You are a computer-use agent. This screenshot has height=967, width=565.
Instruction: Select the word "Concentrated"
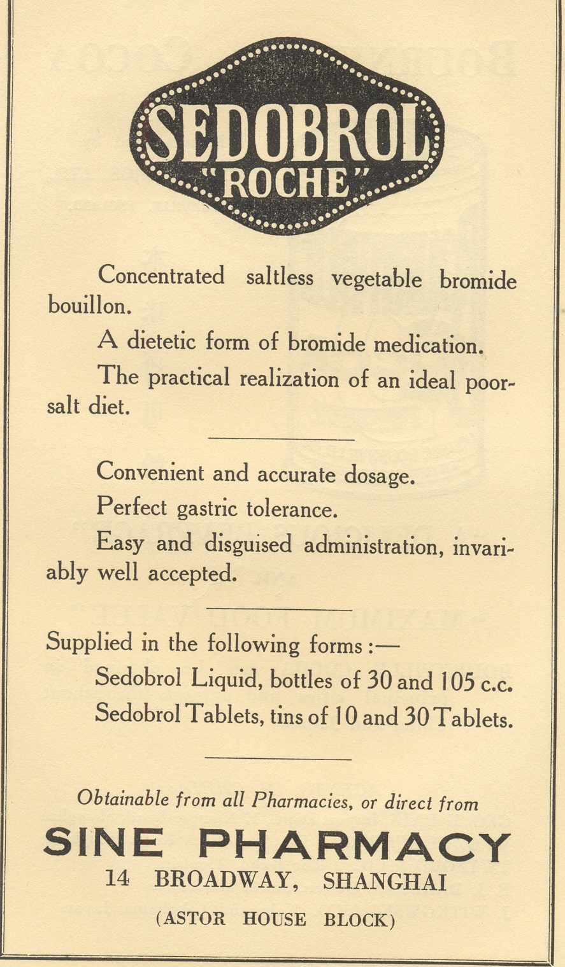[x=161, y=276]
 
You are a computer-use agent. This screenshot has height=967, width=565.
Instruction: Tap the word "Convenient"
[x=150, y=473]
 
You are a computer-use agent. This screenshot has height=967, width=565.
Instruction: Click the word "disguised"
[x=248, y=544]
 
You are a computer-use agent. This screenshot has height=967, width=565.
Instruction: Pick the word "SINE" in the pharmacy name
[x=103, y=842]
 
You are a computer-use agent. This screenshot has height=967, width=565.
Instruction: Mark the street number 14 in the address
[x=117, y=879]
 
